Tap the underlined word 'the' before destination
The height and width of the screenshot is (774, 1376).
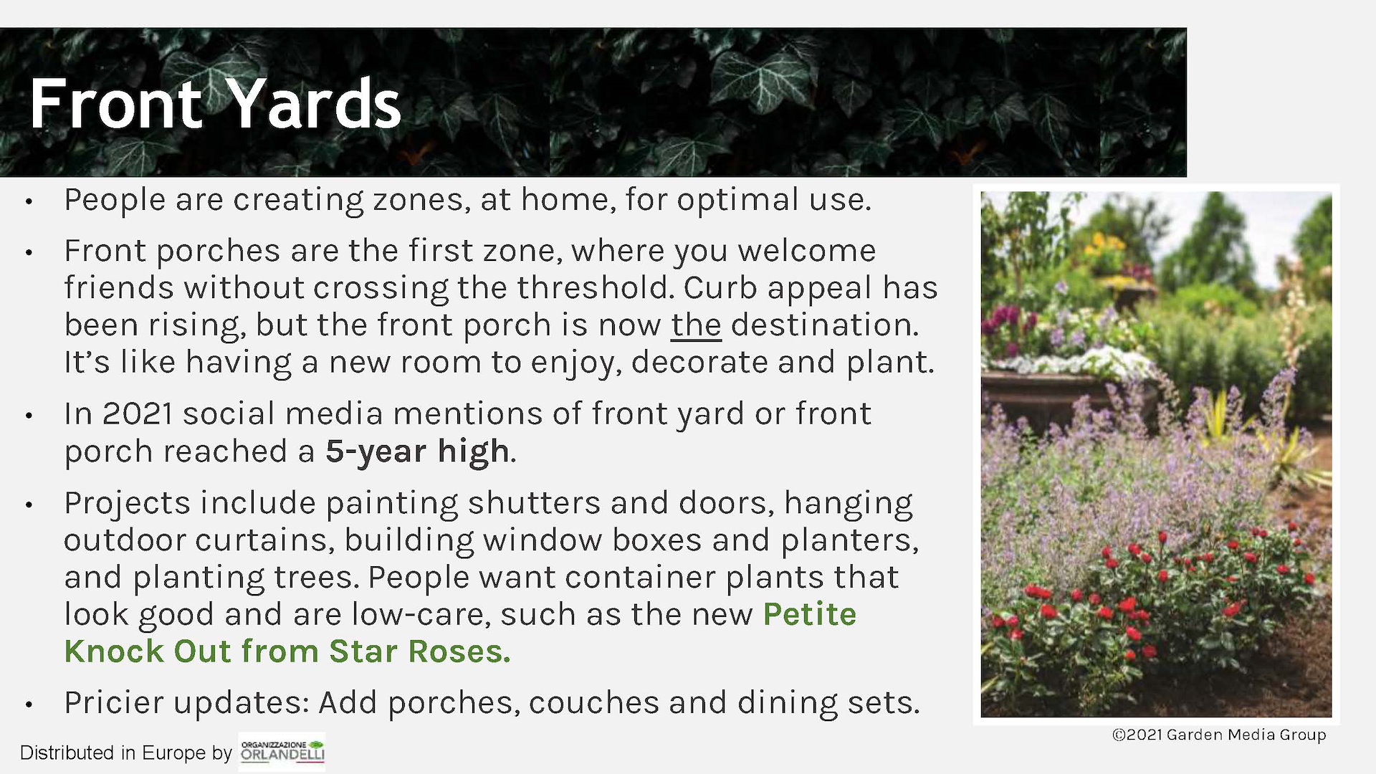(696, 325)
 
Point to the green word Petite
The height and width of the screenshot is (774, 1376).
(809, 614)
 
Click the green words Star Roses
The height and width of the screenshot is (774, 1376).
(419, 651)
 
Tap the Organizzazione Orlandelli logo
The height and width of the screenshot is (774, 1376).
(282, 752)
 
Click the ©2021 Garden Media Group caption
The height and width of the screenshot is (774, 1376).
(1219, 735)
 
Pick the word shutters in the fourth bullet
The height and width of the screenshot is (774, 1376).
(534, 503)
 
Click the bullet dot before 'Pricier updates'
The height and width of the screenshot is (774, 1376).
(29, 704)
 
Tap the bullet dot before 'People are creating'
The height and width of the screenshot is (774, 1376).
(29, 202)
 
